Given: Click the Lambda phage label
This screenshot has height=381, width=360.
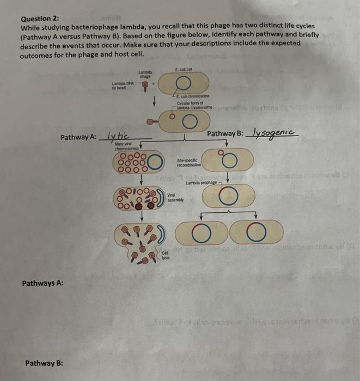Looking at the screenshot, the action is click(144, 75).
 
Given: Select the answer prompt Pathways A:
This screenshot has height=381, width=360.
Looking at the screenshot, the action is click(43, 283).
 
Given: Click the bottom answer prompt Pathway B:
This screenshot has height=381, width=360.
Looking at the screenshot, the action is click(43, 362).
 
